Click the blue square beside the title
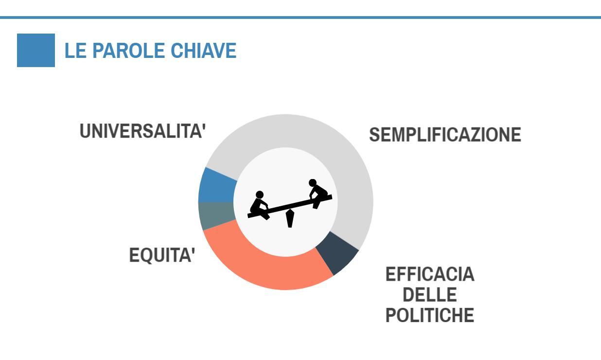point(36,50)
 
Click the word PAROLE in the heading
point(128,51)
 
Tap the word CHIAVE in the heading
point(204,51)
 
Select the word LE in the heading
point(75,51)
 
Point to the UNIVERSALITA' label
point(143,131)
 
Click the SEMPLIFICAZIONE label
point(445,134)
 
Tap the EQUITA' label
point(162,255)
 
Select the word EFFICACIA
point(430,274)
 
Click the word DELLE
point(430,294)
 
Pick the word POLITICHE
point(430,315)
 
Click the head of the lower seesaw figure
point(260,195)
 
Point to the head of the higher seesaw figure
point(313,183)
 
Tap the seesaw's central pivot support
point(290,218)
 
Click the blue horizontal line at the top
point(300,18)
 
